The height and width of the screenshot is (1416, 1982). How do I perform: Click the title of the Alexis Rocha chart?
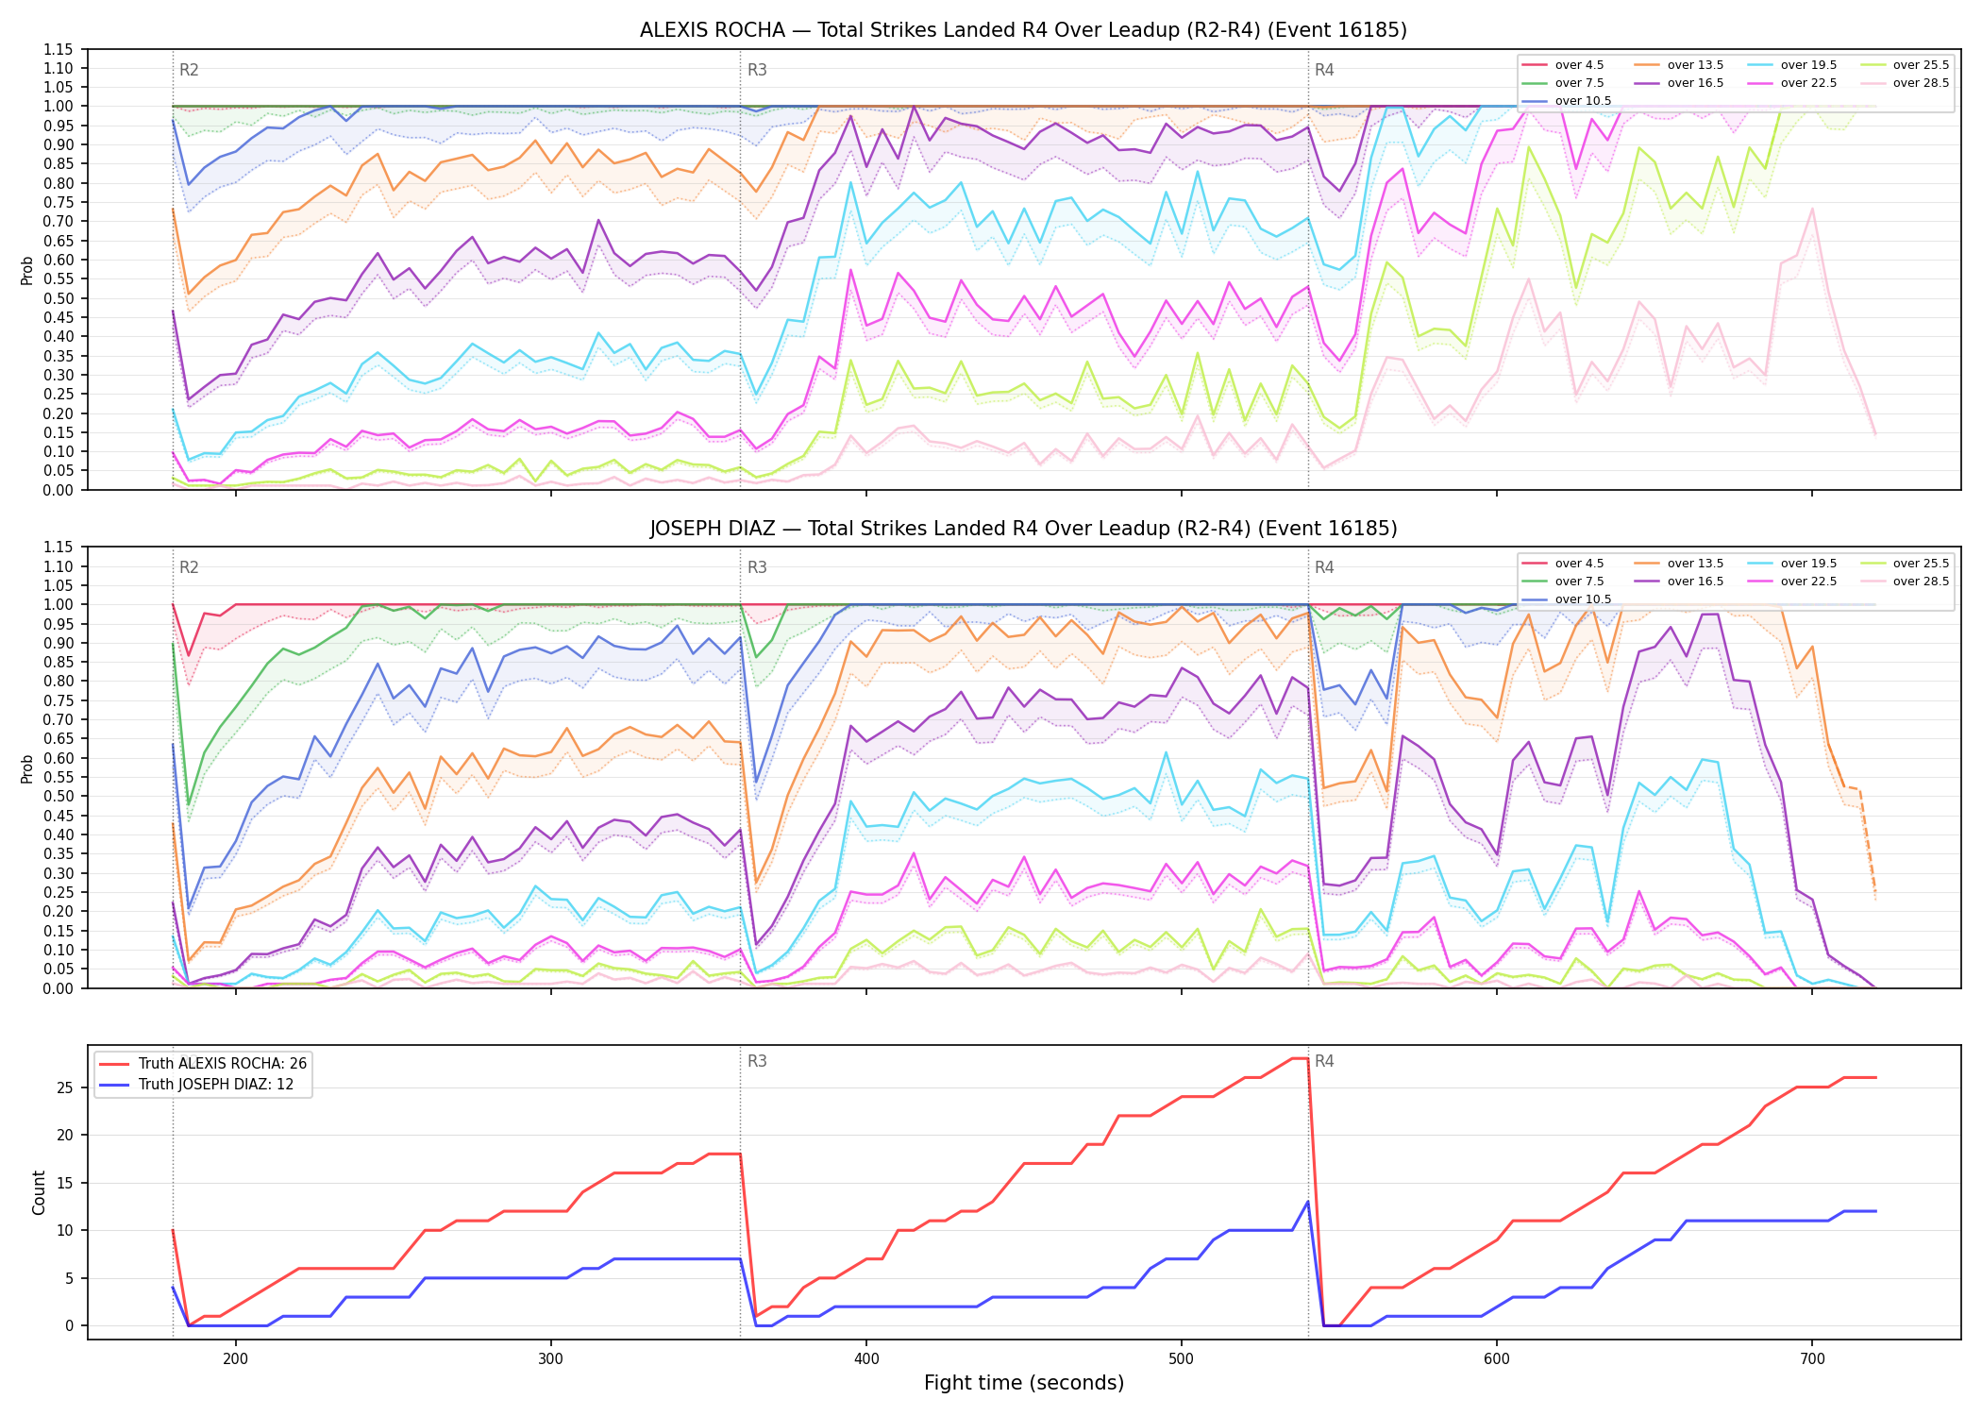tap(1023, 30)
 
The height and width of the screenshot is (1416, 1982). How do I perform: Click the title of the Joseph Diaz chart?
tap(1023, 529)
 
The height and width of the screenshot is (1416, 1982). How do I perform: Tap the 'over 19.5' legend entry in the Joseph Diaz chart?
tap(1792, 564)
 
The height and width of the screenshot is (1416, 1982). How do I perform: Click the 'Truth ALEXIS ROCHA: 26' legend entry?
tap(203, 1064)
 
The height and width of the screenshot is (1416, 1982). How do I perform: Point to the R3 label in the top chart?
tap(757, 70)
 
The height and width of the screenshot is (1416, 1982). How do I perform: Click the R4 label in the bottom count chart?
tap(1324, 1061)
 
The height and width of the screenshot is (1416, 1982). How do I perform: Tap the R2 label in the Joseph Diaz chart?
tap(189, 567)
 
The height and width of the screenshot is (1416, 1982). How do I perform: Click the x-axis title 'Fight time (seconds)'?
tap(1024, 1383)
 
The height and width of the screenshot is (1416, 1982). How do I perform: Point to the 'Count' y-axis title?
tap(39, 1192)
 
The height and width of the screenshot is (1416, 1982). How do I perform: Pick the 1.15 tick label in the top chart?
tap(59, 49)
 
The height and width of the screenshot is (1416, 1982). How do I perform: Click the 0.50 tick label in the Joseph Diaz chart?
tap(59, 796)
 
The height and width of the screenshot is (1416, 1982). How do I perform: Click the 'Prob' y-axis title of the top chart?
tap(27, 270)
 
